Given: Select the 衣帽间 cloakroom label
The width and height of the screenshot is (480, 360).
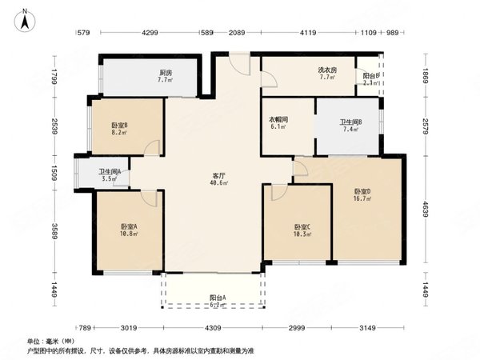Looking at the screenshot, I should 278,121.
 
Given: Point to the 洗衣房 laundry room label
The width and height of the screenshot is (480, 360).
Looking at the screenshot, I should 326,70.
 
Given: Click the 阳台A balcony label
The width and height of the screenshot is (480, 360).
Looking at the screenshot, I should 213,298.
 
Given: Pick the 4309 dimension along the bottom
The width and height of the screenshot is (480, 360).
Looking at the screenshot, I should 211,328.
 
